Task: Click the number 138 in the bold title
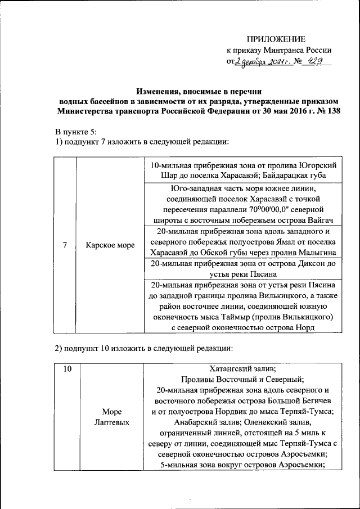pos(332,111)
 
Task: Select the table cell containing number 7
pos(65,245)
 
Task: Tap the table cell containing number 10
pos(67,369)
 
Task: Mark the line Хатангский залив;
pos(243,369)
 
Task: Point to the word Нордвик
pos(233,411)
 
